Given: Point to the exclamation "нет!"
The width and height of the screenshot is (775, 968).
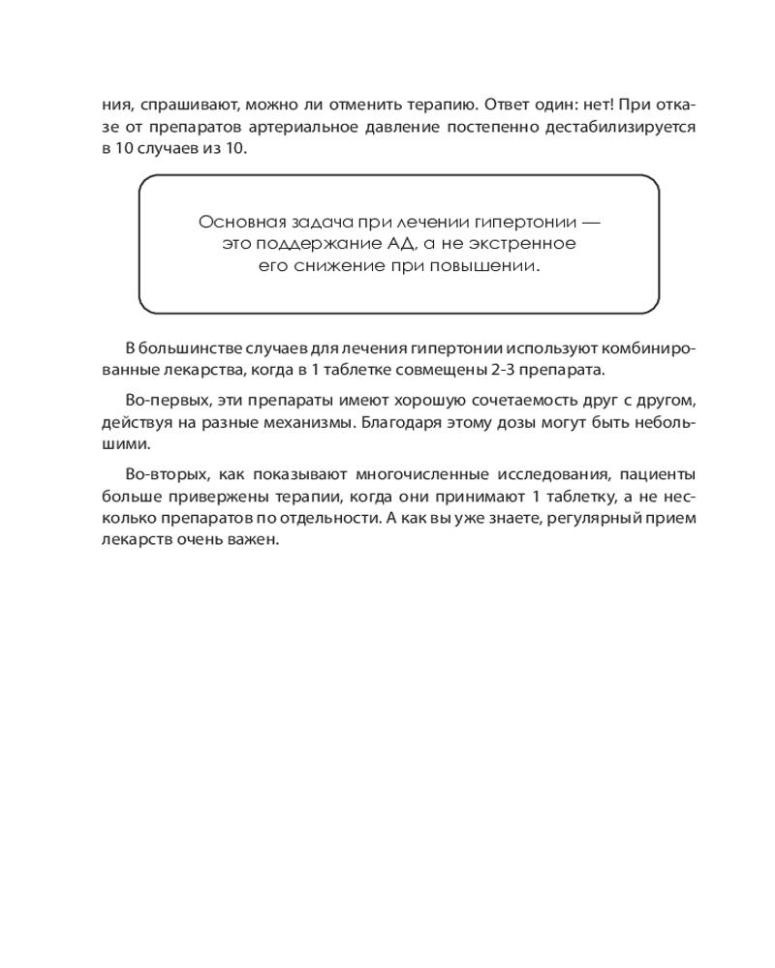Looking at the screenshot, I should click(x=610, y=104).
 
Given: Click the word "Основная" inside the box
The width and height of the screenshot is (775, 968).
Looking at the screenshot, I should click(x=236, y=222).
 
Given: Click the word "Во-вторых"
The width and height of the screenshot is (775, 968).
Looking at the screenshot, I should click(x=161, y=475).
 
